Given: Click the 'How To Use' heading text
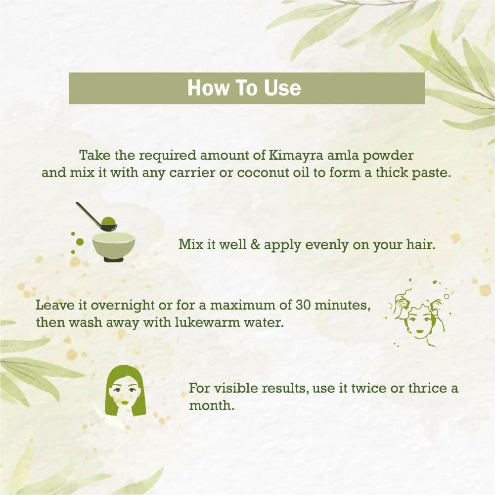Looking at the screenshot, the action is point(244,88).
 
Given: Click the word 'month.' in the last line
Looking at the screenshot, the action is point(212,405).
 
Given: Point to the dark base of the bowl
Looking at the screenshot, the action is point(114,259).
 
